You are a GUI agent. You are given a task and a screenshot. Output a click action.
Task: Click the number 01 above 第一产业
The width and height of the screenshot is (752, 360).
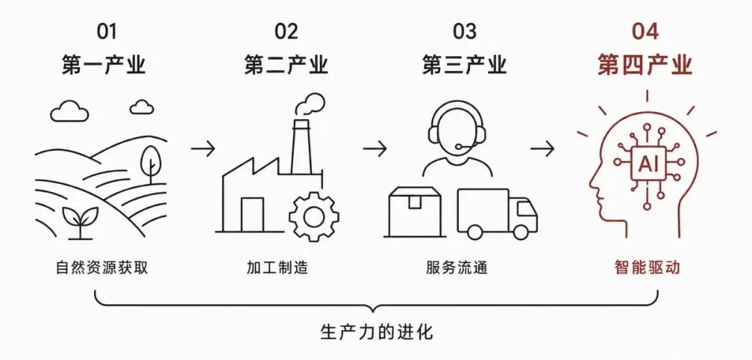tap(107, 31)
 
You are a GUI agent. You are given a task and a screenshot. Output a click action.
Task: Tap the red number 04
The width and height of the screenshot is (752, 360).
tap(645, 31)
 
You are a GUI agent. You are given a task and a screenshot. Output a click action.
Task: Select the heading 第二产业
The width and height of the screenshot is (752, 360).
tap(286, 65)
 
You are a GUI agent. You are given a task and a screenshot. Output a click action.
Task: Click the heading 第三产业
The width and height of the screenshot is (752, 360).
tap(464, 65)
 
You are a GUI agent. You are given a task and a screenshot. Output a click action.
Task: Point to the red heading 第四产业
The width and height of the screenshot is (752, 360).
tap(645, 65)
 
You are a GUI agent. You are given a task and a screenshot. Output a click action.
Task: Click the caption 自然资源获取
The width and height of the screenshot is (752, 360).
tap(102, 267)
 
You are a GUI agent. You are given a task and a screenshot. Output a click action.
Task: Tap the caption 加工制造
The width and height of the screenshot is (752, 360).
tap(276, 267)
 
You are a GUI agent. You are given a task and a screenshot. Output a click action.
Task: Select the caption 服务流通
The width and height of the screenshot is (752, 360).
tap(456, 267)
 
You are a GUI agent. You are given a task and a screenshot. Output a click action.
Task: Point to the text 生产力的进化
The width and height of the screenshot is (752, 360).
tap(377, 331)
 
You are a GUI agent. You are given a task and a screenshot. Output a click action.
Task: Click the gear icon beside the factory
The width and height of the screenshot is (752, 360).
tap(314, 216)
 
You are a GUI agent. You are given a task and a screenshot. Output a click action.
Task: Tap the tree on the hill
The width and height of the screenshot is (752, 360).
tap(150, 164)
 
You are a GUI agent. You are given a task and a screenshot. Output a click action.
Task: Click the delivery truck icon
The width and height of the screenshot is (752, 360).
tap(497, 214)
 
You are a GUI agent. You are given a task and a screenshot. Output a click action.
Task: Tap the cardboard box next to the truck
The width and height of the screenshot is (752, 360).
tap(414, 212)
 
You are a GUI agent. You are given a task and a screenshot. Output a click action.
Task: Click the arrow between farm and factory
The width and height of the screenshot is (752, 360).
tap(203, 149)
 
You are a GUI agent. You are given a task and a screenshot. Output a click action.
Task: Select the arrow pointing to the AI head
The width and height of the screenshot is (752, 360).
tap(542, 149)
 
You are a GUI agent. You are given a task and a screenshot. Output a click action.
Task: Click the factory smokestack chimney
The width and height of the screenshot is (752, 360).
tap(301, 146)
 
